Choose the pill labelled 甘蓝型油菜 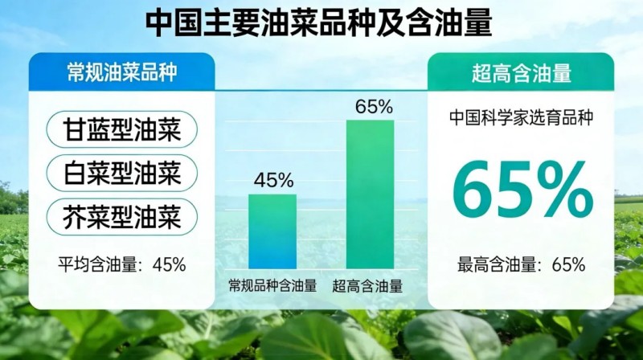pos(121,129)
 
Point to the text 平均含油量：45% pos(121,264)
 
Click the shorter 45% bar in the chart pos(272,231)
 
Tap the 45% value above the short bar pos(272,180)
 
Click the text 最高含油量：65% pos(522,264)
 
